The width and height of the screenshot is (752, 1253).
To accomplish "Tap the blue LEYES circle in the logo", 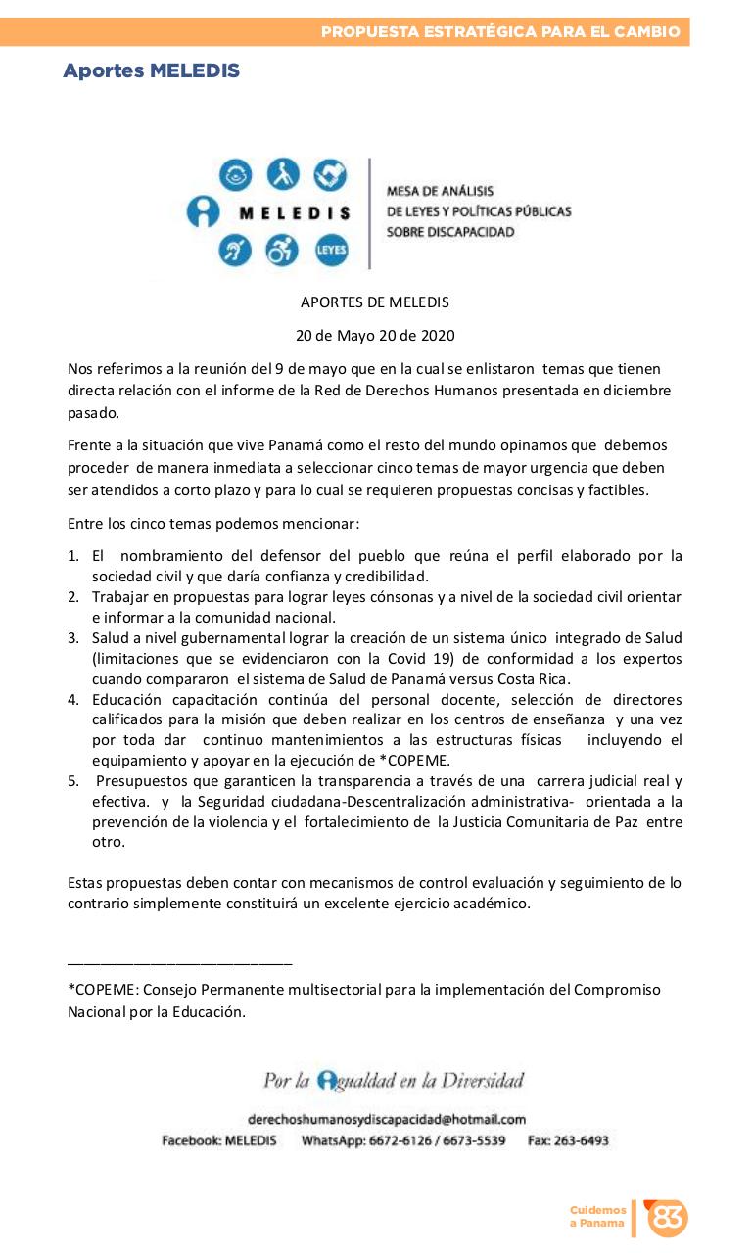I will coord(330,251).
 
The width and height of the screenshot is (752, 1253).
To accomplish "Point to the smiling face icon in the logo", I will coord(236,175).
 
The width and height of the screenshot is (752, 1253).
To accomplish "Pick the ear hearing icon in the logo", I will coord(236,251).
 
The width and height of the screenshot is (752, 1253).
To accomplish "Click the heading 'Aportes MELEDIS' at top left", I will coord(151,70).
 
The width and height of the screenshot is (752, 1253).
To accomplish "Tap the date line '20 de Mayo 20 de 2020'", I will coord(375,335).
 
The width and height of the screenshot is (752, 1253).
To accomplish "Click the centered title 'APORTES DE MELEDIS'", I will coord(375,302).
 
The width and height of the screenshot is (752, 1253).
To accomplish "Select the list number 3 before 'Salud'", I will coord(72,638).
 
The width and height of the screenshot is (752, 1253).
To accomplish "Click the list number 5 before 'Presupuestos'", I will coord(72,781).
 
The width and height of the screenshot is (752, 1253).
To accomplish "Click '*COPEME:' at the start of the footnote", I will coord(100,990).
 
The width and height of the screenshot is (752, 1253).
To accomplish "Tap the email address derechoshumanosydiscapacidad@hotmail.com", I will coord(387,1119).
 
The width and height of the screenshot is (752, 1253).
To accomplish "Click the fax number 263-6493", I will coord(581,1140).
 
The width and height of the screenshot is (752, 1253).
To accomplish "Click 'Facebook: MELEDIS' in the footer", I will coord(218,1140).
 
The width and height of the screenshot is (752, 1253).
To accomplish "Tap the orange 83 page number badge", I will coord(668,1218).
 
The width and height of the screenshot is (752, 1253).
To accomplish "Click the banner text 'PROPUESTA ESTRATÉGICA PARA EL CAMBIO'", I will coord(500,32).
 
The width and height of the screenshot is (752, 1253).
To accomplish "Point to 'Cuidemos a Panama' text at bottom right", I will coord(597,1217).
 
